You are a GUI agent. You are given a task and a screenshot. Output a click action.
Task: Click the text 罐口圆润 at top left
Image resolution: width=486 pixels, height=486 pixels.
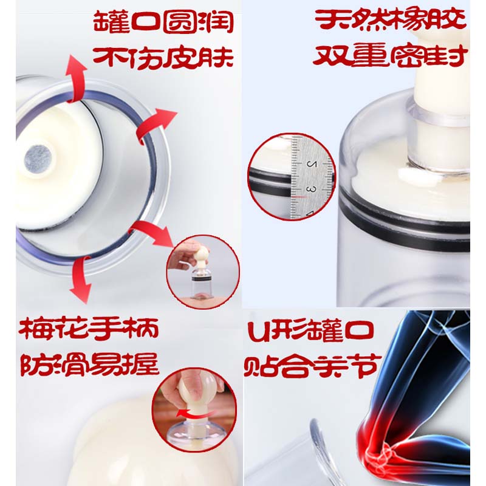163,23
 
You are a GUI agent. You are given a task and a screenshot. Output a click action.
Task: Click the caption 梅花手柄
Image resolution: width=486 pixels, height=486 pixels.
89,331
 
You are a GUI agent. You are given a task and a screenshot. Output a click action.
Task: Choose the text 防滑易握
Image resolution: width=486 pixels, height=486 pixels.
89,366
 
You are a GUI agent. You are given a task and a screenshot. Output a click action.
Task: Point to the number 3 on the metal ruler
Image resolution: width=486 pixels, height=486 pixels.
311,190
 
